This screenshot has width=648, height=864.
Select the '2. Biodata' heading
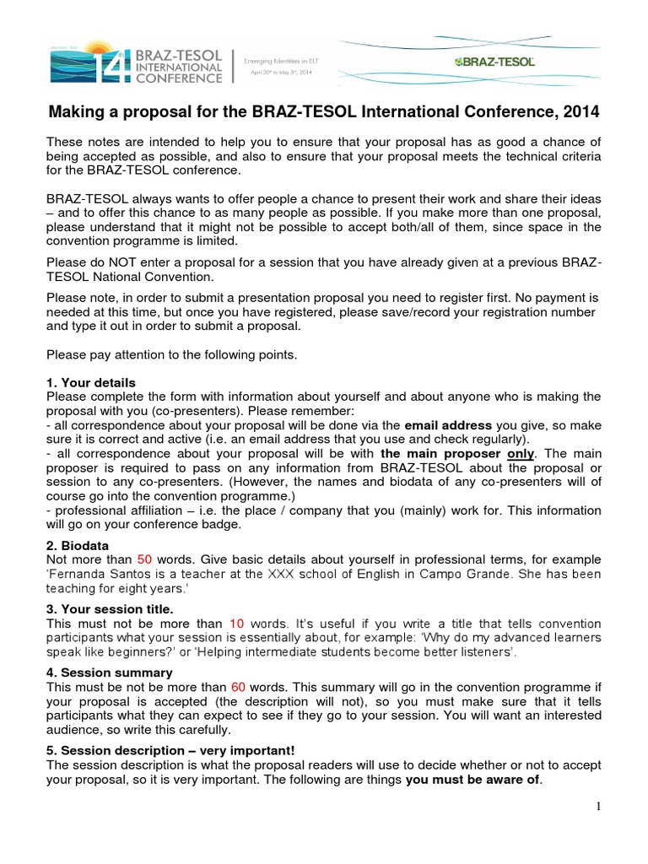(78, 546)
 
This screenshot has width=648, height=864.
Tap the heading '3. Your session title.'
(110, 609)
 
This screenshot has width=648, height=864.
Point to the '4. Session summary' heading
(110, 672)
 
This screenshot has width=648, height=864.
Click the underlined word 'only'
(521, 453)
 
